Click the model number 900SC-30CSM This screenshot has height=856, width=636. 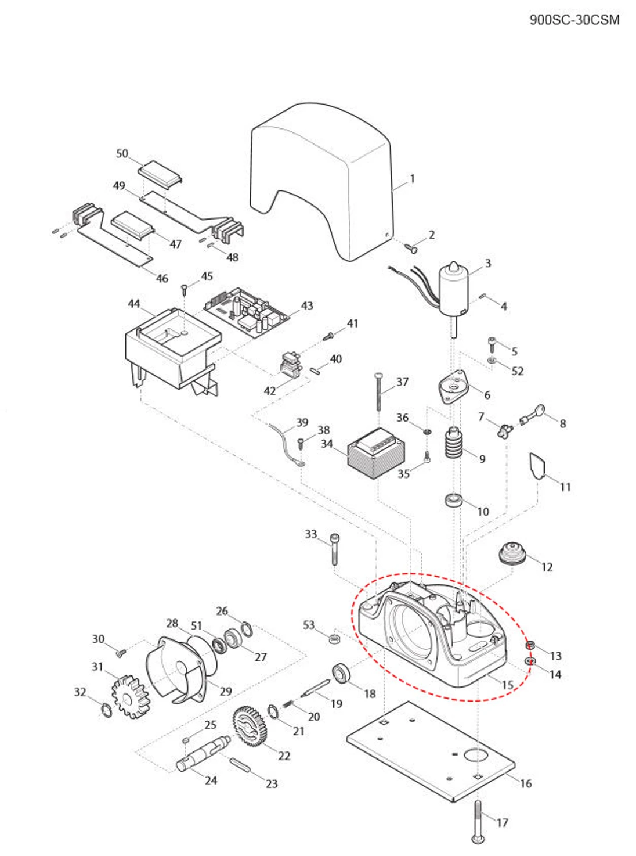click(x=574, y=20)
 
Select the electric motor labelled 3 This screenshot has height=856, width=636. click(x=453, y=290)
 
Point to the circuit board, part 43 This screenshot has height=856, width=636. click(x=247, y=312)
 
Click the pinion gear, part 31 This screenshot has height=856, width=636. click(x=129, y=696)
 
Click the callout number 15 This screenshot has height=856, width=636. click(x=507, y=685)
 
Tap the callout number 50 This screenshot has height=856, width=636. click(x=122, y=153)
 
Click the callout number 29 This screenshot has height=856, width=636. click(x=225, y=691)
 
